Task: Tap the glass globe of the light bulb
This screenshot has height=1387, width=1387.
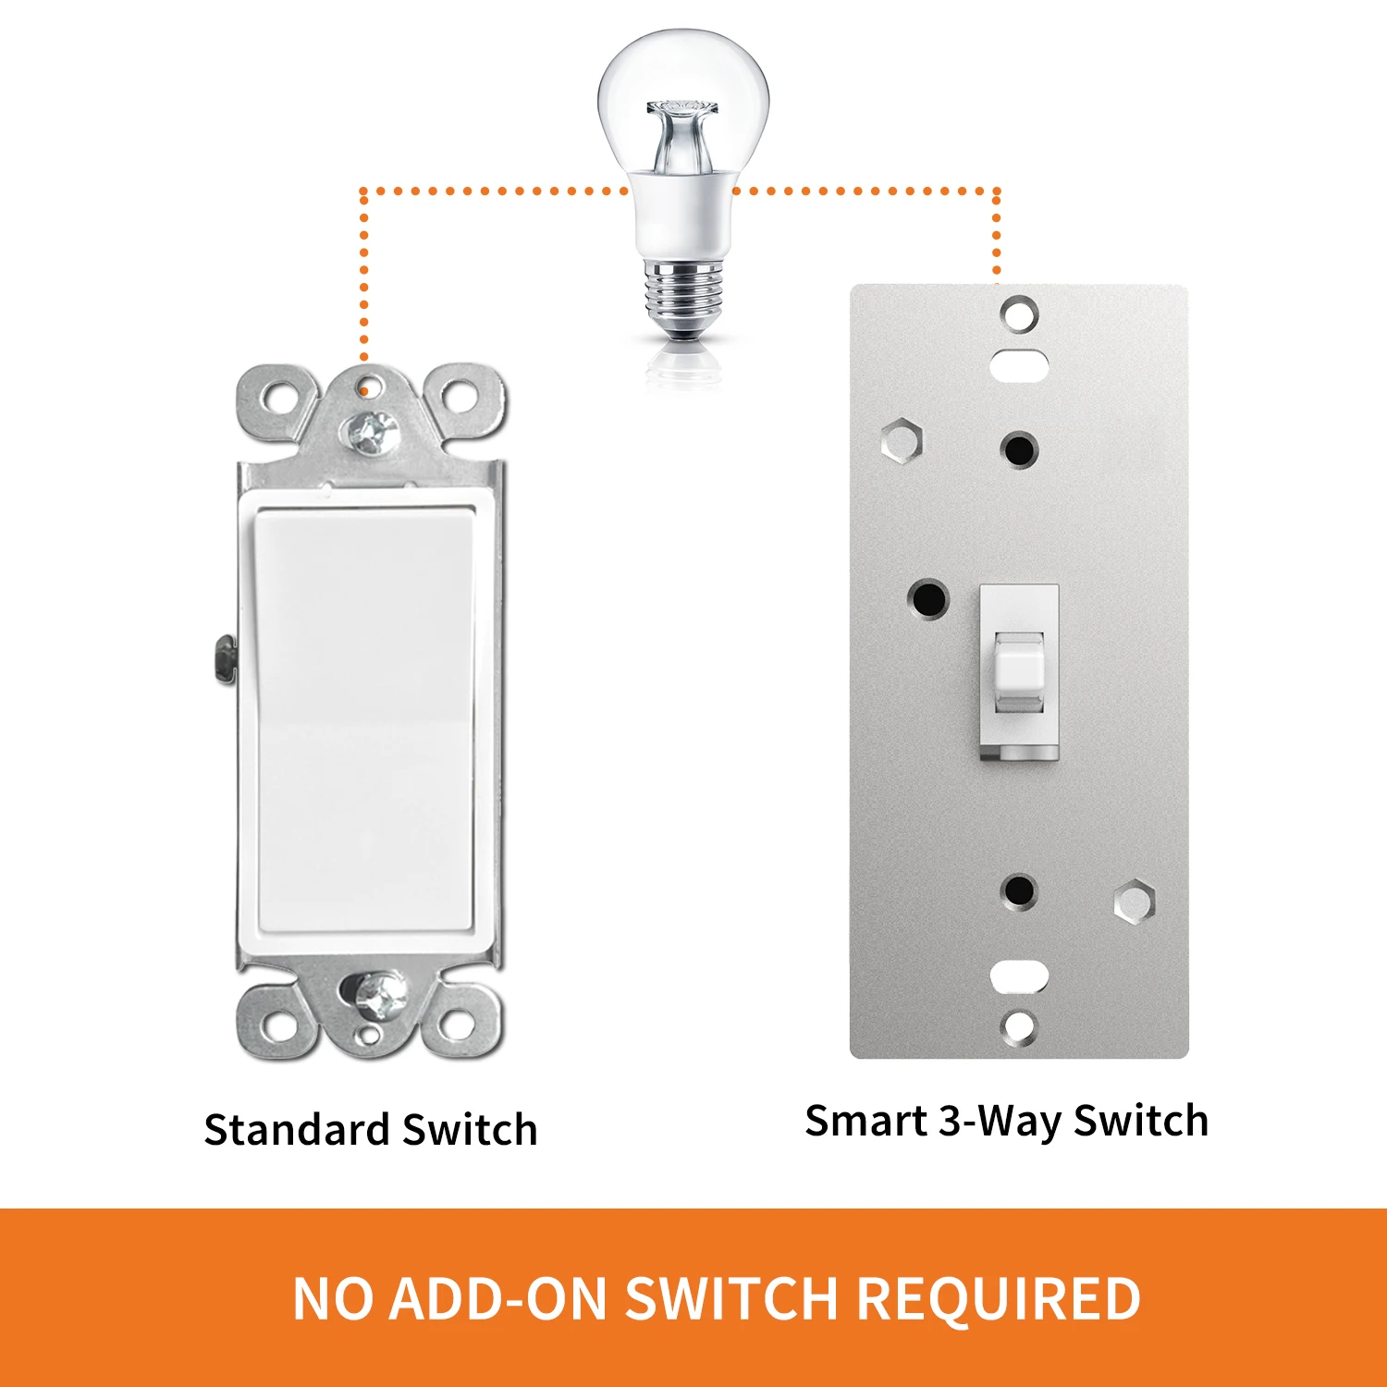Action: [x=683, y=102]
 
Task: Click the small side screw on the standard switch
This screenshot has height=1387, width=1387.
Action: [x=222, y=658]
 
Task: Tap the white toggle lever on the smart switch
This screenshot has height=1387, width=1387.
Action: [x=1019, y=671]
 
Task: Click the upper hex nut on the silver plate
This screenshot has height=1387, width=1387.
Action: [x=902, y=439]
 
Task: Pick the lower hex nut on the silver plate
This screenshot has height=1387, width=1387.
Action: [x=1135, y=902]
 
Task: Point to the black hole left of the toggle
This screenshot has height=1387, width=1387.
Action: [x=928, y=599]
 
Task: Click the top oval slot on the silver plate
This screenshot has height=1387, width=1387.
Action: [x=1019, y=363]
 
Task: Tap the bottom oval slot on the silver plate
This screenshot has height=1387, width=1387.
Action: [x=1019, y=976]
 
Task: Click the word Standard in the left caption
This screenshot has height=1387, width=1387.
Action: [x=297, y=1130]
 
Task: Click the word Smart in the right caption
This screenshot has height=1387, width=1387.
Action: [x=866, y=1121]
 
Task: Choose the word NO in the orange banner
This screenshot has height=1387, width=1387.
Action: [x=334, y=1298]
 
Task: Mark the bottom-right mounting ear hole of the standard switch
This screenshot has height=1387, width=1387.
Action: [x=457, y=1024]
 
